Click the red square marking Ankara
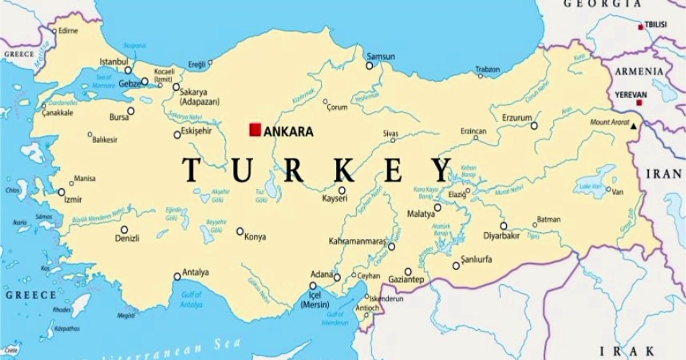255,129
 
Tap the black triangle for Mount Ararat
634,126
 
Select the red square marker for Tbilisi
640,27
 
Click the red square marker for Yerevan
639,103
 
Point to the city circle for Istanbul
128,70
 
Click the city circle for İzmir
62,192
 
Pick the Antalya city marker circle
177,276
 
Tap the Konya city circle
240,231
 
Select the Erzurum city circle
534,125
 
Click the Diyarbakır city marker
503,226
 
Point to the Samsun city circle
369,65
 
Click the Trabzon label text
487,69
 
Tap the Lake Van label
588,186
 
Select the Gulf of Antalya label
192,299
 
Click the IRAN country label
664,174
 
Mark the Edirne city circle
55,31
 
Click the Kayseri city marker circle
342,190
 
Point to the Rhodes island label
62,310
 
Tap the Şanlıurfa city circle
456,265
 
